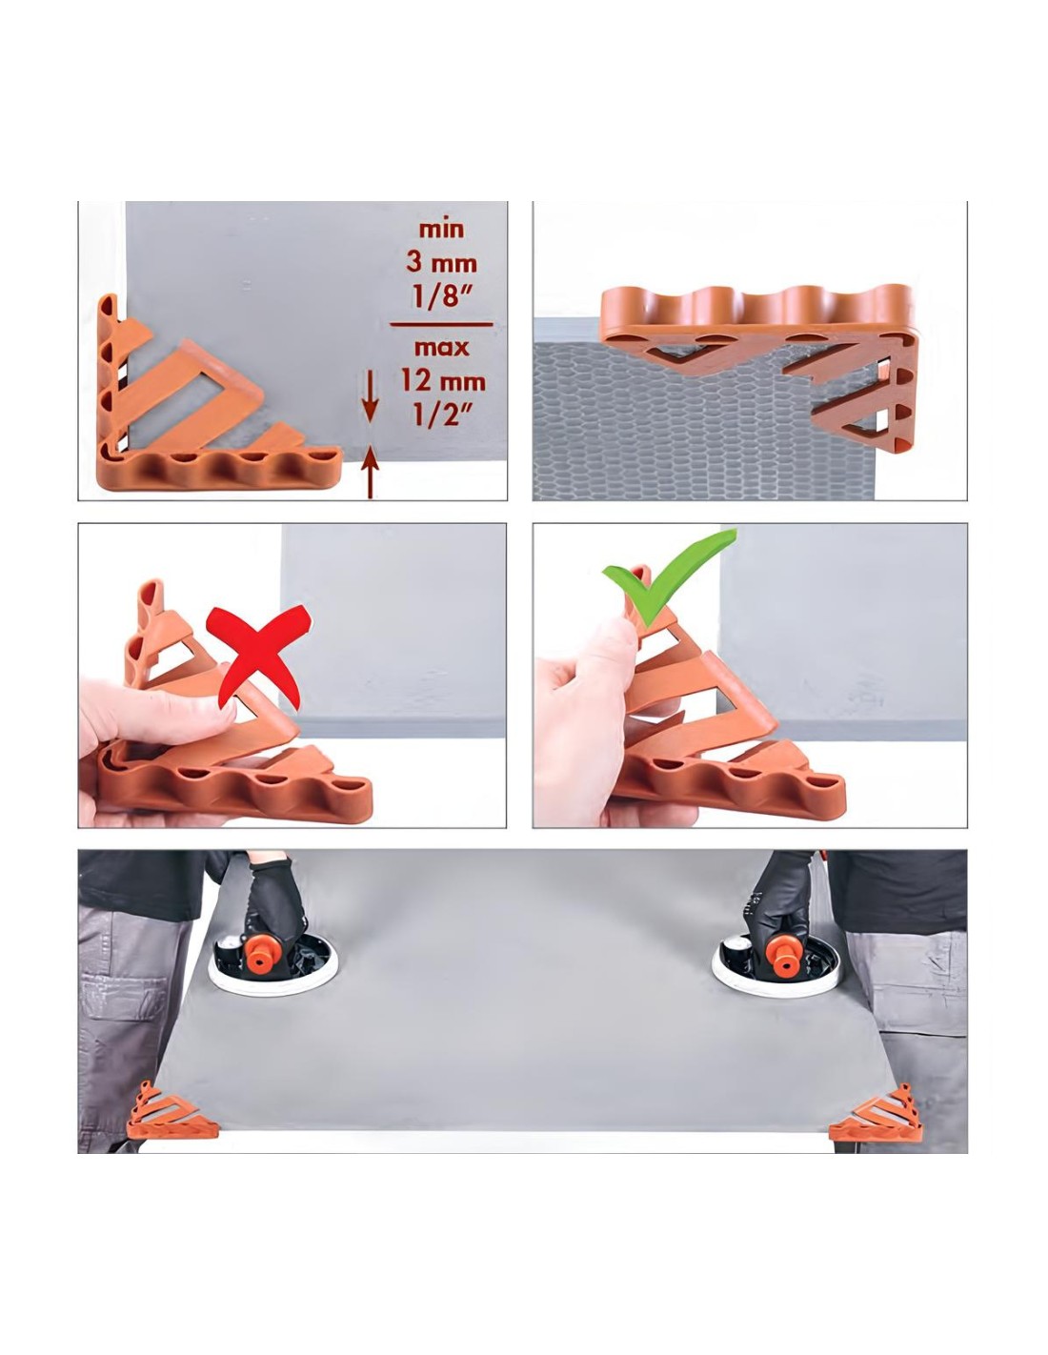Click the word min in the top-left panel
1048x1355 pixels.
pyautogui.click(x=441, y=230)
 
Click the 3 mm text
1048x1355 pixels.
pyautogui.click(x=441, y=263)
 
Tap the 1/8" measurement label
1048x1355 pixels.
pyautogui.click(x=441, y=295)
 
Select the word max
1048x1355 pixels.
pyautogui.click(x=441, y=347)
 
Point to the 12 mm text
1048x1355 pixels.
pyautogui.click(x=443, y=380)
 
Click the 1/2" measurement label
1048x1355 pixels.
pyautogui.click(x=441, y=414)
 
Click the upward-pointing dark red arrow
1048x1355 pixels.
pyautogui.click(x=371, y=471)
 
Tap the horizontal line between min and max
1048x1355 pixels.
pyautogui.click(x=441, y=325)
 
